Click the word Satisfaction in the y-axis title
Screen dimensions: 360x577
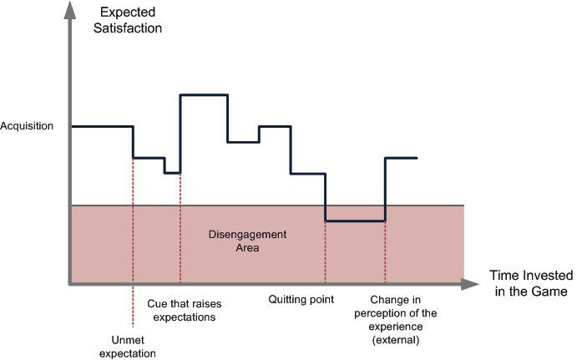click(x=129, y=28)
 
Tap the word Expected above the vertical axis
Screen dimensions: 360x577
click(x=129, y=12)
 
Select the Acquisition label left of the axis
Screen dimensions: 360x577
click(x=28, y=126)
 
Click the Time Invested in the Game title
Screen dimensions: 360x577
click(x=531, y=283)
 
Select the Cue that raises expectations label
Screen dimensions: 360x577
click(x=182, y=311)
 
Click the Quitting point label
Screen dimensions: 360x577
click(x=302, y=298)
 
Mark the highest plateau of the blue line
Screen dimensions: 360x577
click(x=204, y=96)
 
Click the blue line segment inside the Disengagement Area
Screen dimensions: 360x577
click(x=355, y=221)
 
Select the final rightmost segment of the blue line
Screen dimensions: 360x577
click(x=402, y=158)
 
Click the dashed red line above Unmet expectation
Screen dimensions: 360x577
click(x=133, y=242)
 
